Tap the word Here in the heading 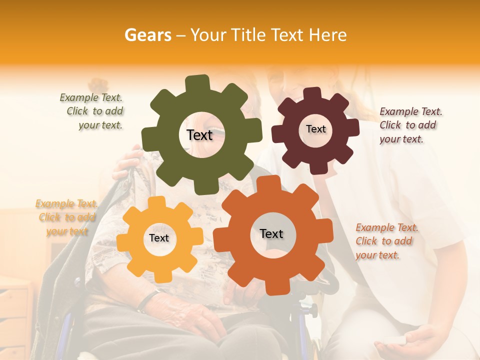[327, 35]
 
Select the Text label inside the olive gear [199, 135]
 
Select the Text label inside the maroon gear [315, 129]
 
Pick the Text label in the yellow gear [159, 238]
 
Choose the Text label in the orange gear [271, 234]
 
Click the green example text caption [92, 111]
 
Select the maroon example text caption [410, 125]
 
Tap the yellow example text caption [66, 217]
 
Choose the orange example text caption [386, 241]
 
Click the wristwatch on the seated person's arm [145, 301]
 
